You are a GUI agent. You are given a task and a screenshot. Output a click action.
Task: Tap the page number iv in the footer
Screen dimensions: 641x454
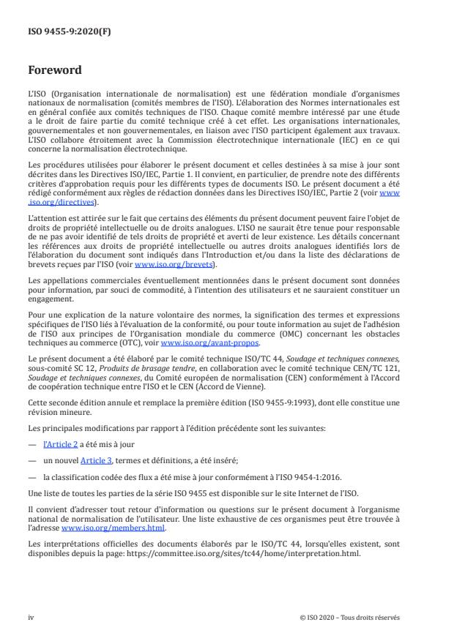coord(31,617)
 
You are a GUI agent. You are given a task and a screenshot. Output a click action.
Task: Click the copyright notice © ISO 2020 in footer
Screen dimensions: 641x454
coord(349,617)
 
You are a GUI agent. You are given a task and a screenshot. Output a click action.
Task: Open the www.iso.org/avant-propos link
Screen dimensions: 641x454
coord(209,342)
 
